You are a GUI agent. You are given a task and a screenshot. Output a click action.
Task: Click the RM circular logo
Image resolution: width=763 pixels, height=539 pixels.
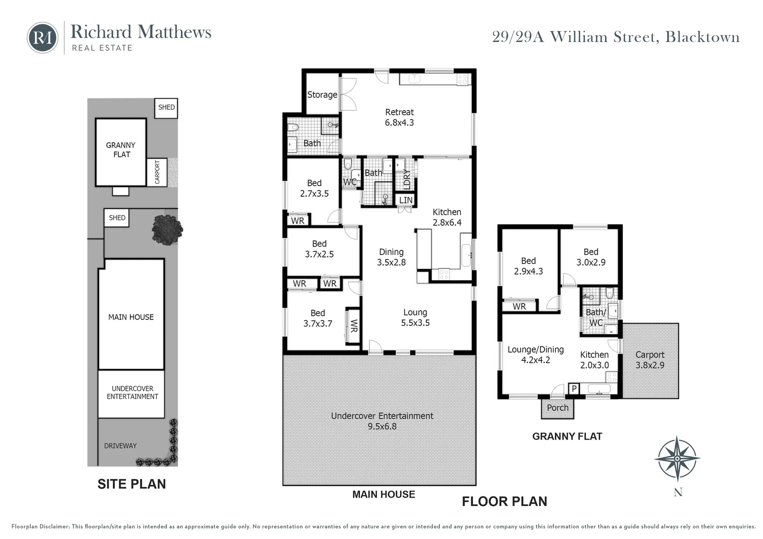tap(42, 37)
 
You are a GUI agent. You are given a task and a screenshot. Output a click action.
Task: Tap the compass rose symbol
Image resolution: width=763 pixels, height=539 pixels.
tap(677, 458)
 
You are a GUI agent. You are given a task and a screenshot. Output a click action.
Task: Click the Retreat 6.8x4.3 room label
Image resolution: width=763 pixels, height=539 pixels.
tap(399, 117)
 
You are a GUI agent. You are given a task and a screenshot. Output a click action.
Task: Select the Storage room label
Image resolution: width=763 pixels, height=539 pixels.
tap(322, 95)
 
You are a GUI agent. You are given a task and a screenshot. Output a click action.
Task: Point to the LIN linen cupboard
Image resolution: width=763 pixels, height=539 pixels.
tap(406, 200)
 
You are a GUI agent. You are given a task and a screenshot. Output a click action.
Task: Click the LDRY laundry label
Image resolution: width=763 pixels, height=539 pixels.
tap(406, 178)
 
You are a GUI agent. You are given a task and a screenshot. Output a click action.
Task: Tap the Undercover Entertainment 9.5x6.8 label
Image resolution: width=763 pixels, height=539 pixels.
tap(382, 421)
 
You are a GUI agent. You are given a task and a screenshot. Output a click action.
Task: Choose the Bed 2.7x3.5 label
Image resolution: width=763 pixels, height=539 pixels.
tap(314, 188)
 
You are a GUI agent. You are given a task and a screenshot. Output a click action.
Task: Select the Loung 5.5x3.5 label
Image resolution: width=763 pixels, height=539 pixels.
tap(415, 317)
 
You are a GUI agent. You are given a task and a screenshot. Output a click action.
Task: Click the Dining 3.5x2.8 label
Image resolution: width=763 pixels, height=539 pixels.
tap(391, 257)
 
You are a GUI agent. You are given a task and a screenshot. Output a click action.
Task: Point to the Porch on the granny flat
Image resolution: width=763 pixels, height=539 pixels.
tap(558, 408)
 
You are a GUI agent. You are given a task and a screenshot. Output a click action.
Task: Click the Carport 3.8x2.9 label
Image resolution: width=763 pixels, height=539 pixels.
tap(650, 360)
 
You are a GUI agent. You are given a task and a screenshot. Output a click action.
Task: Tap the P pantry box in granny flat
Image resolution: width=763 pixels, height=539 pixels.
tap(574, 389)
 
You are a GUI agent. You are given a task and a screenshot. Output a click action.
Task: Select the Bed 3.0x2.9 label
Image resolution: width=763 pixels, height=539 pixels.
tap(591, 257)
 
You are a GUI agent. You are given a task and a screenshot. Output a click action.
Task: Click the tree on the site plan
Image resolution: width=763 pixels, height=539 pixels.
tap(167, 230)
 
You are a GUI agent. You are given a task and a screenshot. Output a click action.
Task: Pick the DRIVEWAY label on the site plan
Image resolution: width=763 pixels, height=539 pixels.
tap(120, 446)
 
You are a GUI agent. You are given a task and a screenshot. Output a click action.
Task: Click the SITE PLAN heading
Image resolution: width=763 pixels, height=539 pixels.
tap(131, 484)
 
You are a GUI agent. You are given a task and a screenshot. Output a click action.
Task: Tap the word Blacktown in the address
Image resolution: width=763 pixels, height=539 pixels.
tap(702, 37)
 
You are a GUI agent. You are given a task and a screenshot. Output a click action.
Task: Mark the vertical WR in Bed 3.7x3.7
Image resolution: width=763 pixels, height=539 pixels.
tap(354, 326)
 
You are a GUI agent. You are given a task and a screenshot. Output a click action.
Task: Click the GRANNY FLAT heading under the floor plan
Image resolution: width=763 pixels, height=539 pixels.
tap(567, 436)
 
